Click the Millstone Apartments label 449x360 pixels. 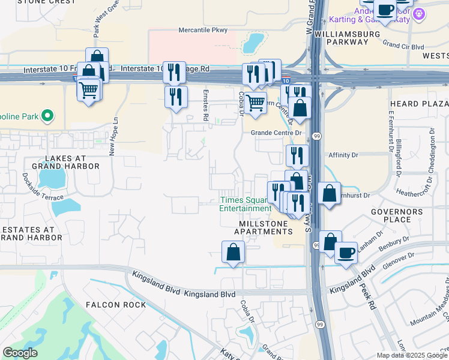tap(263, 227)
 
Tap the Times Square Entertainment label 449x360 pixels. tap(245, 204)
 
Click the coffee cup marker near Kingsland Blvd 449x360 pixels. tap(346, 252)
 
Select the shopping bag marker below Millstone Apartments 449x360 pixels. tap(233, 252)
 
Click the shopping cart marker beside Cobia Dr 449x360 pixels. tap(256, 103)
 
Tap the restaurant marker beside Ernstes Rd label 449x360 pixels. tap(176, 97)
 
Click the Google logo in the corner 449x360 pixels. tap(20, 353)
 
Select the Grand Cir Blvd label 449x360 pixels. tap(403, 46)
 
